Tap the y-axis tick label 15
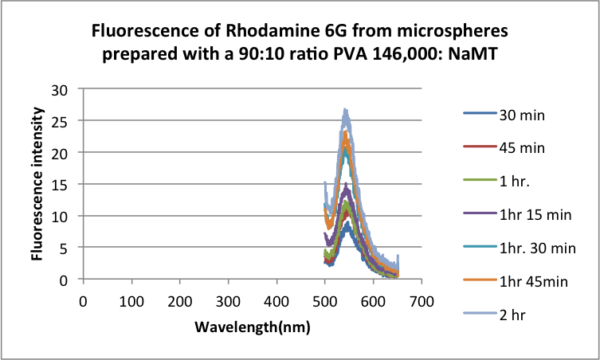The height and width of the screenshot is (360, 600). click(x=62, y=184)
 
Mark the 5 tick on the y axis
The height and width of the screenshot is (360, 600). click(x=66, y=248)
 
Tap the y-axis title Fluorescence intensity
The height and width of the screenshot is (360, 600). click(x=37, y=184)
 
